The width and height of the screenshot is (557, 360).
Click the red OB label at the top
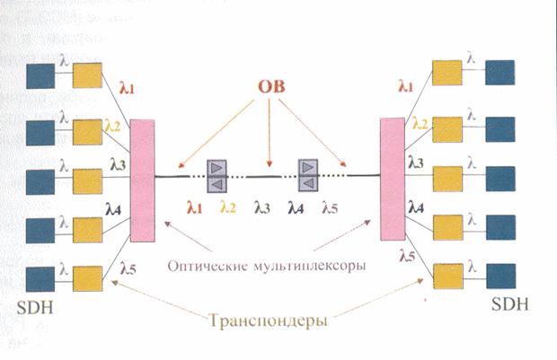tap(271, 86)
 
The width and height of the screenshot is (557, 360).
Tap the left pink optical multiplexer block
tap(143, 180)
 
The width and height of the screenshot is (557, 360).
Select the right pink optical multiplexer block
tap(393, 180)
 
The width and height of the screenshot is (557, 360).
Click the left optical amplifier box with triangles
tap(217, 176)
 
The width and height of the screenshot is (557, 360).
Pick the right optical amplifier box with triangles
tap(307, 175)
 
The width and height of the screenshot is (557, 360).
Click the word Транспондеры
tap(268, 320)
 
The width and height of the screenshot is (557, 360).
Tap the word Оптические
tap(208, 266)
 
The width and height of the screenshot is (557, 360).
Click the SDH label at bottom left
tap(35, 307)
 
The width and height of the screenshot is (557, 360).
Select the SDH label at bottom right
tap(509, 304)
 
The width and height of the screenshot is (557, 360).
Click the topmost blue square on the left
tap(40, 76)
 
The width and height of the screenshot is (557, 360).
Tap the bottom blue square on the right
tap(501, 277)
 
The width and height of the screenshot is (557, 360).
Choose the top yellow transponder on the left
tap(87, 75)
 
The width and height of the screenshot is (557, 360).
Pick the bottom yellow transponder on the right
tap(448, 277)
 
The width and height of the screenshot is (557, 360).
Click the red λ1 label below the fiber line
tap(194, 207)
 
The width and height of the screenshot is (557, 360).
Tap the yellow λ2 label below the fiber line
tap(227, 207)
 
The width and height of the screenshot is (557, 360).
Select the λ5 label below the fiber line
tap(330, 207)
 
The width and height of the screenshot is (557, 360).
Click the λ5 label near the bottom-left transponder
tap(128, 268)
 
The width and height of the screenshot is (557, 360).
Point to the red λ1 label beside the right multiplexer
tap(405, 85)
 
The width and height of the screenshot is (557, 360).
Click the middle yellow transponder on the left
tap(87, 181)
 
